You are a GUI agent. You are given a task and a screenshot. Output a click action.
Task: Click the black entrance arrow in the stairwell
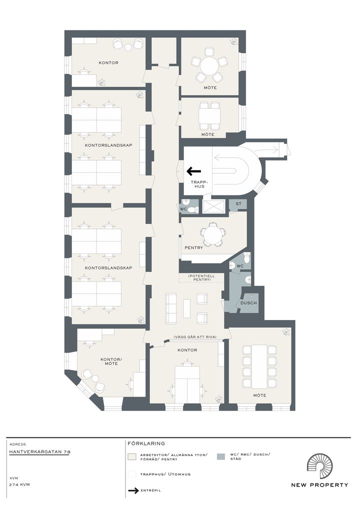(x=194, y=171)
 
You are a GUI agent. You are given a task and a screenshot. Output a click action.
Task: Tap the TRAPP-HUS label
(x=197, y=184)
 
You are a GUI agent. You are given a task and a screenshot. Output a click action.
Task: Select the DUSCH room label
(x=248, y=303)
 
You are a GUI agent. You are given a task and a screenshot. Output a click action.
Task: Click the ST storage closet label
(x=238, y=204)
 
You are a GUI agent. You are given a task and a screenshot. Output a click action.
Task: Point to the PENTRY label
(x=194, y=247)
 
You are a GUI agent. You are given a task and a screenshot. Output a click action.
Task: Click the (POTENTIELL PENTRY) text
(x=201, y=277)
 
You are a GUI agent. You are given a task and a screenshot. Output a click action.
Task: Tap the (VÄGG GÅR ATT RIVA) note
(x=195, y=336)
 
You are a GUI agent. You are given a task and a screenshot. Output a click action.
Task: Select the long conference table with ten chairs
(x=259, y=366)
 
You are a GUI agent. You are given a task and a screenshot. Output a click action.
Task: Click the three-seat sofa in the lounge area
(x=171, y=308)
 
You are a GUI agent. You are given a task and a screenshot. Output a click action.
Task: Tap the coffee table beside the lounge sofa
(x=187, y=308)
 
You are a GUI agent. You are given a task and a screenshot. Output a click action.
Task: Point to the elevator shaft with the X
(x=213, y=206)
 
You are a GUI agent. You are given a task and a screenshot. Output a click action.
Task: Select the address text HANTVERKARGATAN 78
(x=40, y=451)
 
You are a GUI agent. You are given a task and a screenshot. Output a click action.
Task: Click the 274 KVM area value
(x=20, y=484)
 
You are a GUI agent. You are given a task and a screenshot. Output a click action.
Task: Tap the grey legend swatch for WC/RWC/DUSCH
(x=220, y=456)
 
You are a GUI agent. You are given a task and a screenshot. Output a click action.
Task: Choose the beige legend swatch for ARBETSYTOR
(x=132, y=457)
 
